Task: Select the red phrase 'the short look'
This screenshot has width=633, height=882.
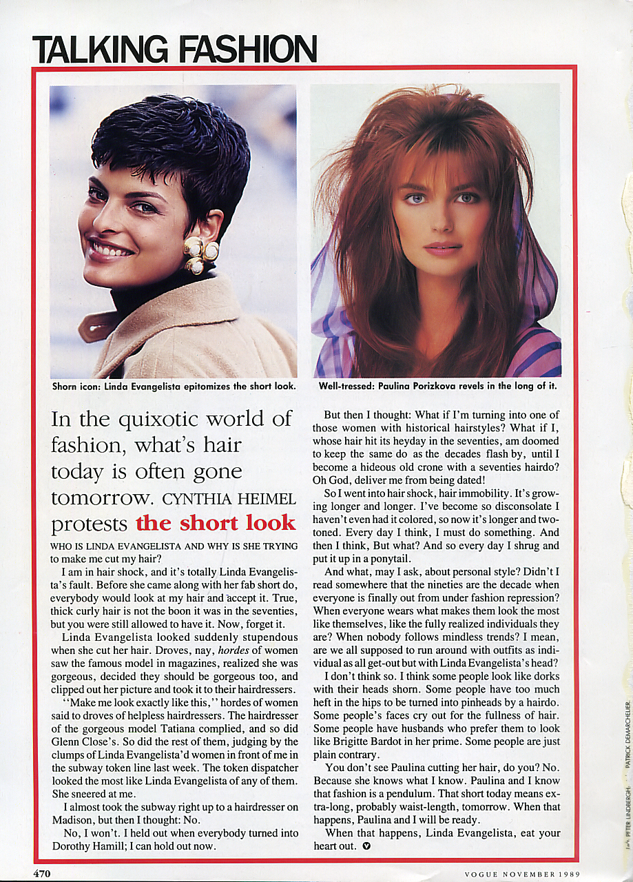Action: (216, 522)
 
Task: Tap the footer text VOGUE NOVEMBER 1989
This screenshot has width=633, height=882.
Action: (521, 874)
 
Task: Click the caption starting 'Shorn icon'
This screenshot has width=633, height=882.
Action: (174, 387)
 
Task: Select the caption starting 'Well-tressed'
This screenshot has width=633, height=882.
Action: (437, 387)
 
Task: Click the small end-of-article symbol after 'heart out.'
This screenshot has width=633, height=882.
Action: (366, 846)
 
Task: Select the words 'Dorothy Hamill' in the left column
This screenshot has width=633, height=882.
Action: (85, 846)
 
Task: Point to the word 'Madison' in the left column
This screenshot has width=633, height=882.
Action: (74, 820)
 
